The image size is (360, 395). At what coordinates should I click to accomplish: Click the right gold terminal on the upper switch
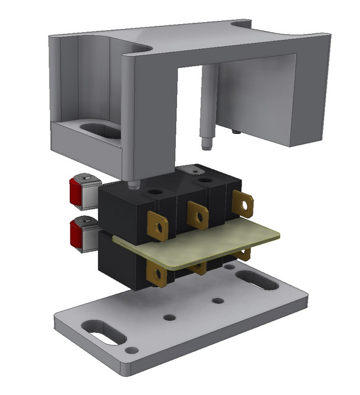tap(243, 203)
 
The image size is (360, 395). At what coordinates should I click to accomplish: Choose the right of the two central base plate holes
tap(217, 301)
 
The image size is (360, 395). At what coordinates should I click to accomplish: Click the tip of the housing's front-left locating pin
tap(133, 185)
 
